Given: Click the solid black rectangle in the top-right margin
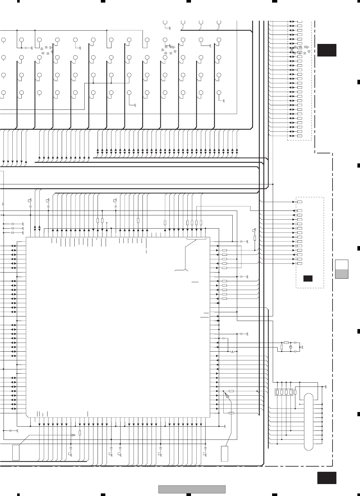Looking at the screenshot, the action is (327, 50).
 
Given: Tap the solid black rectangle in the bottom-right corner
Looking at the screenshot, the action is (327, 478).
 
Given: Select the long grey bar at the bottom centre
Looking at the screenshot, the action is (192, 490).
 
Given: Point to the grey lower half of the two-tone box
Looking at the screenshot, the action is (342, 274).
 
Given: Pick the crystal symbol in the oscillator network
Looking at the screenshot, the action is (291, 347).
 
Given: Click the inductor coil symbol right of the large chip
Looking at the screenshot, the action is (232, 351).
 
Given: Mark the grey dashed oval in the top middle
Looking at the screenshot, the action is (169, 49).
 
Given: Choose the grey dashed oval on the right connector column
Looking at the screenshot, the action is (300, 49).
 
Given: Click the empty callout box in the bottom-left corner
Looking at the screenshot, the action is (16, 452).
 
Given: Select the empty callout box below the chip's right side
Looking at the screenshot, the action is (225, 454).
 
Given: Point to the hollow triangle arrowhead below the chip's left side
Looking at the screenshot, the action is (73, 435).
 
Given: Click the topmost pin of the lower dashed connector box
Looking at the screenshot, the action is (300, 202).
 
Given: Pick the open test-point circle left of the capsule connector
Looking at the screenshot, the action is (300, 404).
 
